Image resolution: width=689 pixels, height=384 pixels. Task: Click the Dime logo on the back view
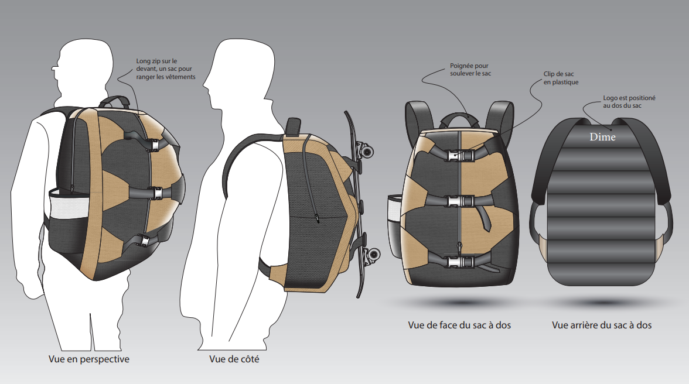603,138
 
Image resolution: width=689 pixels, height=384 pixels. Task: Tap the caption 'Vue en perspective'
89,359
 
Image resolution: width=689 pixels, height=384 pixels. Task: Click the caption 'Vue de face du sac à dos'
459,324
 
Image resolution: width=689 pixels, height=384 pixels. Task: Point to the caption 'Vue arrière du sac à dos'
602,324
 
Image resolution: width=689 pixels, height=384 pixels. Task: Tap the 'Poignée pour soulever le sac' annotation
469,70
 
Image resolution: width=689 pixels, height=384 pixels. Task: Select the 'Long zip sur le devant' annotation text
166,68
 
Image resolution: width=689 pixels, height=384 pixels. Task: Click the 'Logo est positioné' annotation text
629,102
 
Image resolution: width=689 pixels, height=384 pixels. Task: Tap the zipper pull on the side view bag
316,219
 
